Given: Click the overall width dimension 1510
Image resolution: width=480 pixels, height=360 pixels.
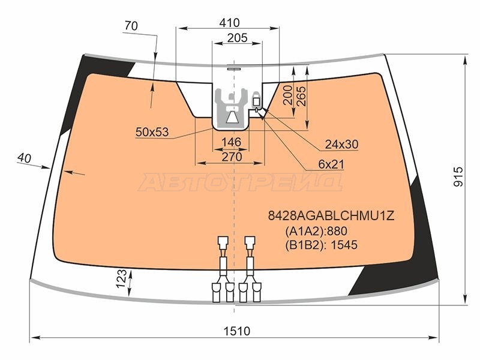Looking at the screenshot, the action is pos(236,331).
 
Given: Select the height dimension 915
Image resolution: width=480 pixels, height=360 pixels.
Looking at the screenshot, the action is pos(458,176).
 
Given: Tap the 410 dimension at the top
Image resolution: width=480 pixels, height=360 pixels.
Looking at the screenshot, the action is pos(230,23).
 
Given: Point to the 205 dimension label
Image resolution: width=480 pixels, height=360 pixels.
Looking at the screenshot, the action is pos(237,38).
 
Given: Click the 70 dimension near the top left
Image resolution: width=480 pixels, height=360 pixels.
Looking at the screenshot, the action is pos(131,26).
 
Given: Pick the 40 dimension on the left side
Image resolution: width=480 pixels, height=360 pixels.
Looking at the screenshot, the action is pos(24,158).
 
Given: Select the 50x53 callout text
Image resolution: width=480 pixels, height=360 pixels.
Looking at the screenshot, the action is pos(152,132).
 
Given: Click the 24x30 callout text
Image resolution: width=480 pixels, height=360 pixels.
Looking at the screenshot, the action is pos(341,144).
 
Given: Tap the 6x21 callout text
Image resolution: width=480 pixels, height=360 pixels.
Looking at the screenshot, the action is pos(331,164).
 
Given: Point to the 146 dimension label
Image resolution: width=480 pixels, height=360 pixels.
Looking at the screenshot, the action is pos(232,142).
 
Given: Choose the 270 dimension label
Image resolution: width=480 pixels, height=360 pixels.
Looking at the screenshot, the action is pos(232,157).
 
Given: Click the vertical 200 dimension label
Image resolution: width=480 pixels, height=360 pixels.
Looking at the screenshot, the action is pos(288,95).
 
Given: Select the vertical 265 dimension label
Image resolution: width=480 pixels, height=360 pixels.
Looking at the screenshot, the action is pos(301,97).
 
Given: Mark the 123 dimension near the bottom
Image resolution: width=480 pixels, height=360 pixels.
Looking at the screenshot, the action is pos(122,278).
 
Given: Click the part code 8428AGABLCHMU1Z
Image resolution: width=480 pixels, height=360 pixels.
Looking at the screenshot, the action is pos(331,216).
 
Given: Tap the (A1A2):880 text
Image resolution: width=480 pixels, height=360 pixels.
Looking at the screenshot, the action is pos(316,231).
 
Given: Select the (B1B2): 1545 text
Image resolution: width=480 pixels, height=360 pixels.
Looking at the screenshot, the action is pos(321,245).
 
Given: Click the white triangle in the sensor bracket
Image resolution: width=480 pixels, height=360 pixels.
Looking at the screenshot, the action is pos(232,117).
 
